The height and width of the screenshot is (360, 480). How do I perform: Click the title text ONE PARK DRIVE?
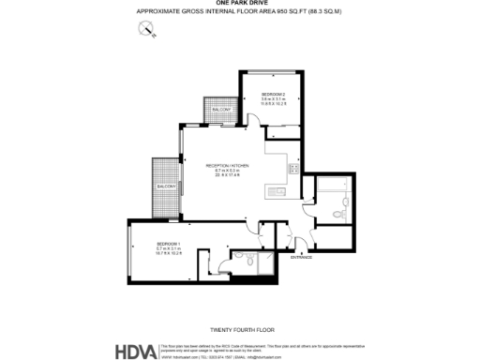click(x=239, y=4)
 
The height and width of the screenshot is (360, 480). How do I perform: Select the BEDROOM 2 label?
click(x=274, y=95)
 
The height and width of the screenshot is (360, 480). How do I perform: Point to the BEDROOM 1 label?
click(x=169, y=244)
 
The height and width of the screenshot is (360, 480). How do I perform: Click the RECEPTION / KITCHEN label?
click(x=227, y=164)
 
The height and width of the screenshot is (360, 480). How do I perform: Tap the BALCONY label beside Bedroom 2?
click(x=221, y=111)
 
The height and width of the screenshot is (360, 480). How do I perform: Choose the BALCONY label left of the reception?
click(x=166, y=187)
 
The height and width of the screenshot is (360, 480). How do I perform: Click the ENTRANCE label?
click(x=301, y=256)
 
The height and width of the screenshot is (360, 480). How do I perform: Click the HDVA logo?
click(x=136, y=352)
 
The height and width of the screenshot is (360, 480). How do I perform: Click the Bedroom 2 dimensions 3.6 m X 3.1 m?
click(x=274, y=100)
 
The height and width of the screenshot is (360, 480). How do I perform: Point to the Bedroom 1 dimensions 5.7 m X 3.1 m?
click(x=169, y=249)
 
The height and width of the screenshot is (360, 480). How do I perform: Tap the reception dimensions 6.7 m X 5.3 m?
click(x=227, y=170)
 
